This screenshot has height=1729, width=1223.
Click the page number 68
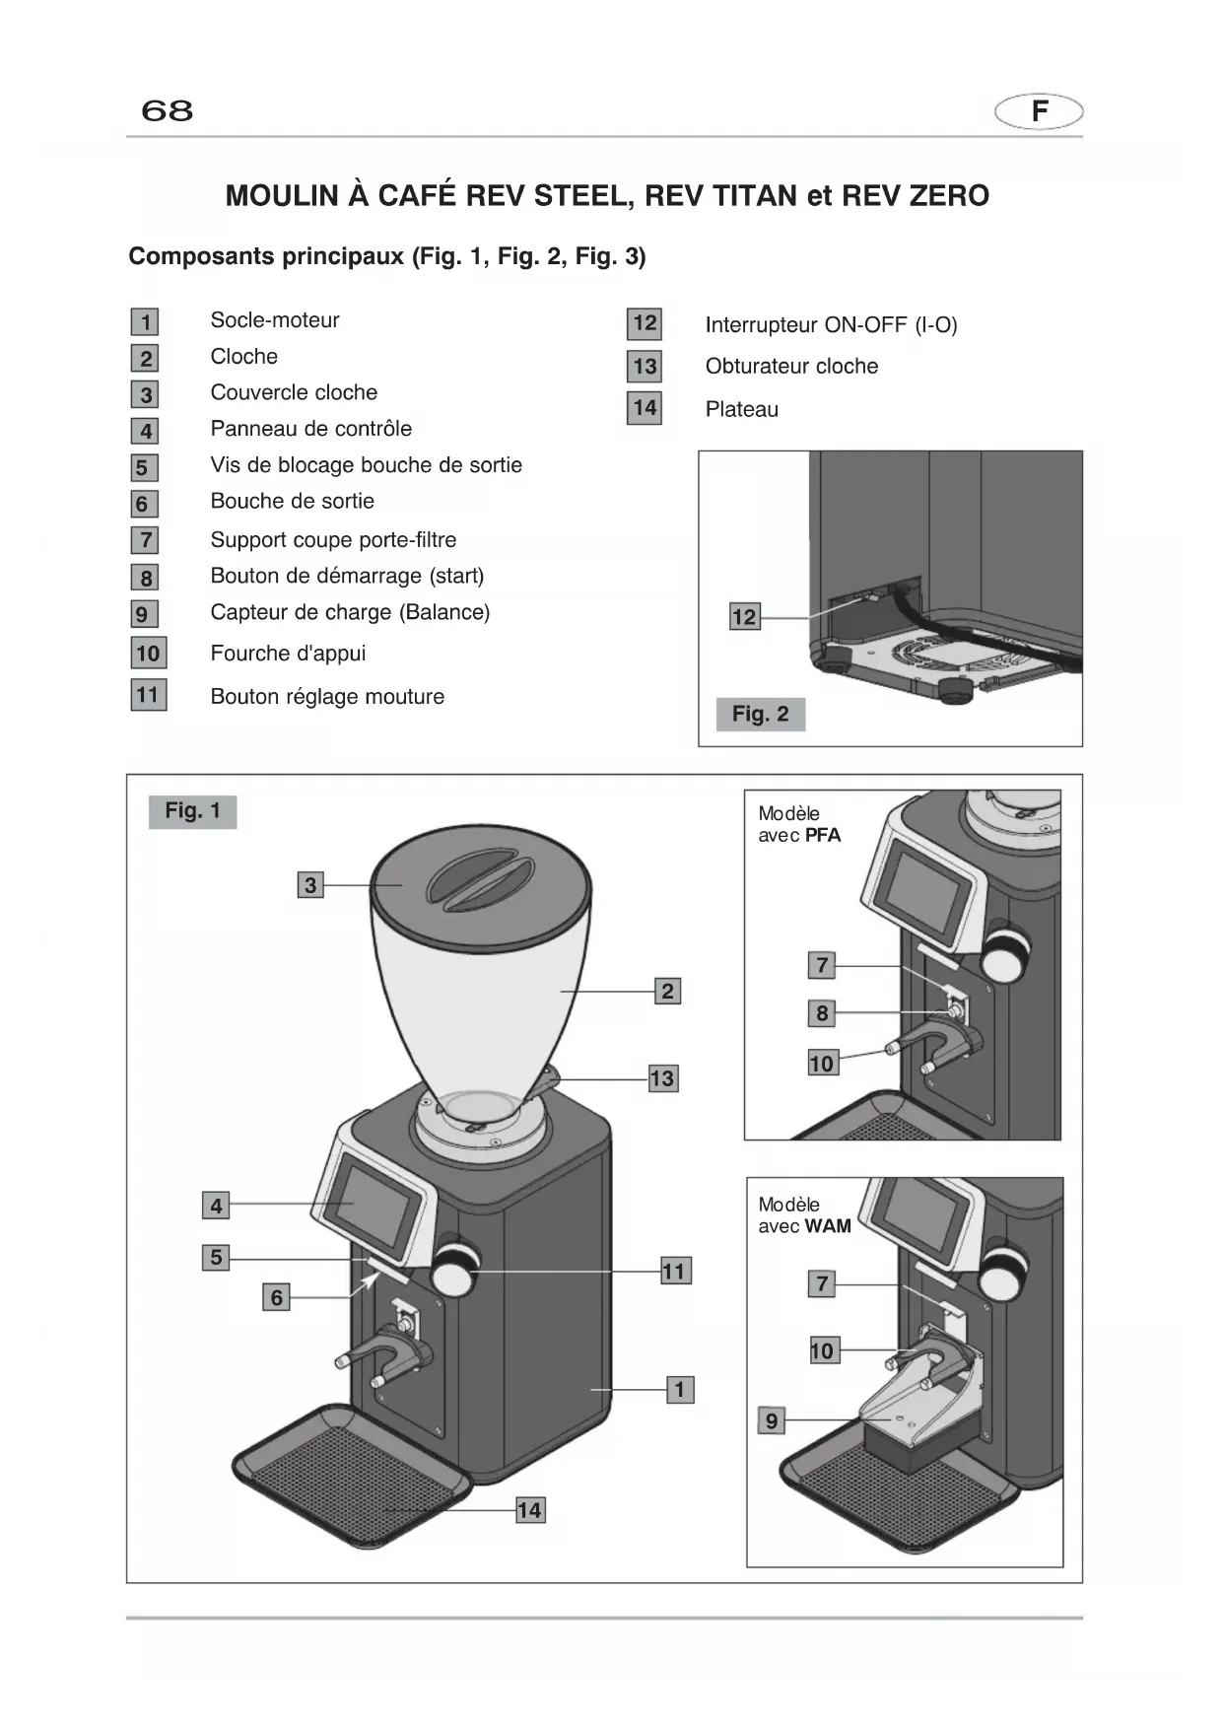[168, 109]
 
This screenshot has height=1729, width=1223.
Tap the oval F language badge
[1039, 111]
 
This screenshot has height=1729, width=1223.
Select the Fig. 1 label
[193, 811]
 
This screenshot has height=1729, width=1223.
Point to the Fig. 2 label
[761, 714]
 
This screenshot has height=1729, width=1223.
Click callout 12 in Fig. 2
[744, 617]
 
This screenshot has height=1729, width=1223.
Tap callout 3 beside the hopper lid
[310, 885]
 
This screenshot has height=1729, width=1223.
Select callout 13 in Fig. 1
[662, 1078]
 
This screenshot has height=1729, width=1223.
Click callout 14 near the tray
[529, 1510]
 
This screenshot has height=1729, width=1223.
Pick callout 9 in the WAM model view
[772, 1420]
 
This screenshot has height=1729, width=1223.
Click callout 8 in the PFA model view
[822, 1012]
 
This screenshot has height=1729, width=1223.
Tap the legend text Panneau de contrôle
[311, 429]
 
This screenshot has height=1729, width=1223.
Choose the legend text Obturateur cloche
[792, 366]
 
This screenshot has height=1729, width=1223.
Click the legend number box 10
[149, 653]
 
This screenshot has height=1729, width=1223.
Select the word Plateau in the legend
[742, 409]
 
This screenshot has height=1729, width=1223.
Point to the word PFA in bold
[824, 836]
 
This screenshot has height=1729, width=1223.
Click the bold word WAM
[829, 1226]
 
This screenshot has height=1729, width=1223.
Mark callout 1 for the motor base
[680, 1390]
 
